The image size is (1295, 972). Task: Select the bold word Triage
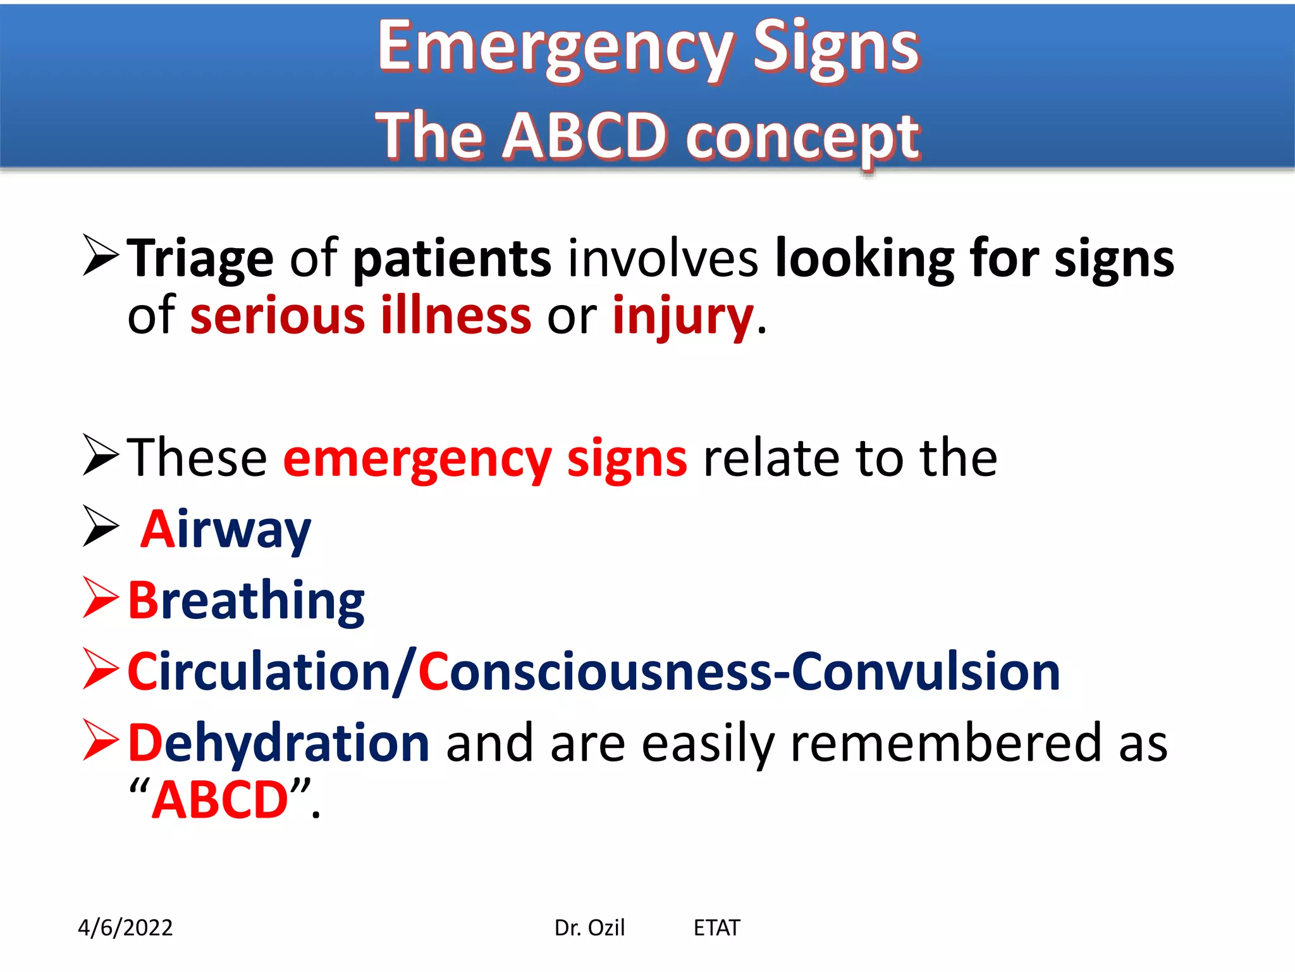pyautogui.click(x=200, y=258)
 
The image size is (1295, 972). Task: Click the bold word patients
pyautogui.click(x=452, y=258)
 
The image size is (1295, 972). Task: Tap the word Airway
pyautogui.click(x=226, y=530)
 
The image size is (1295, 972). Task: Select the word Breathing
pyautogui.click(x=246, y=601)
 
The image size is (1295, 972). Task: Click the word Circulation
pyautogui.click(x=259, y=672)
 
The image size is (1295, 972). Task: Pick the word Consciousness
pyautogui.click(x=594, y=672)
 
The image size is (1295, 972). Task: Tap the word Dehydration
pyautogui.click(x=279, y=743)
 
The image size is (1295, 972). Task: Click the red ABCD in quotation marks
pyautogui.click(x=220, y=800)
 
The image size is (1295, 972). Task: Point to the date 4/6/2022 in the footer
pyautogui.click(x=125, y=928)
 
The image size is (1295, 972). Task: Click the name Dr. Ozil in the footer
pyautogui.click(x=589, y=928)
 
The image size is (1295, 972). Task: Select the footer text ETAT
pyautogui.click(x=716, y=928)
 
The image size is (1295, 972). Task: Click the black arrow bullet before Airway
pyautogui.click(x=101, y=526)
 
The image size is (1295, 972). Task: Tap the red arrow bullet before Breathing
pyautogui.click(x=101, y=597)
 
